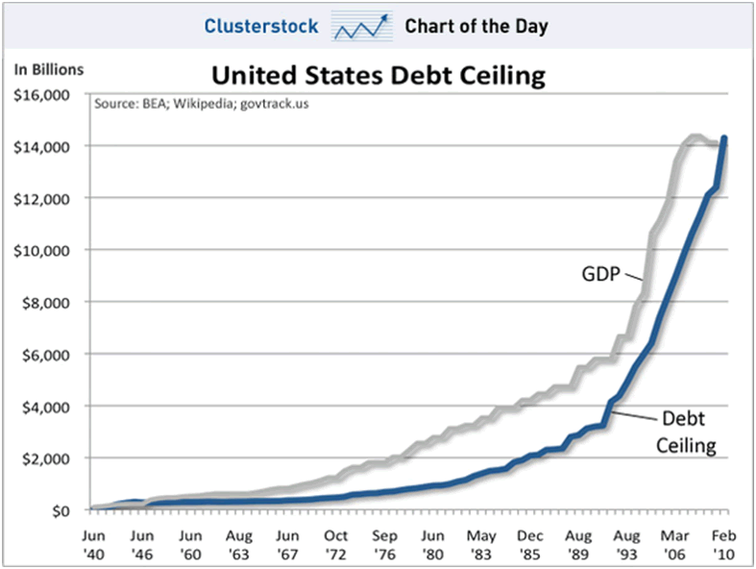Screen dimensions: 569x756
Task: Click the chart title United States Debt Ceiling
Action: (x=378, y=75)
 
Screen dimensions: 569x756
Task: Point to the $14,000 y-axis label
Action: (x=41, y=147)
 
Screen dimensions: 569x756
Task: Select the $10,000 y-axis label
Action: (x=41, y=251)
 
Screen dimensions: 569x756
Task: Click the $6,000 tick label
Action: (x=45, y=355)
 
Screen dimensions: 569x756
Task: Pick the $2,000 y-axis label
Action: (x=45, y=458)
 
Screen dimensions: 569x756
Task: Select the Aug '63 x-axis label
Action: (x=240, y=537)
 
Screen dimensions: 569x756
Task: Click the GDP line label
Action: (x=601, y=275)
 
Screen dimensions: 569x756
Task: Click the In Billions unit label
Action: (x=49, y=69)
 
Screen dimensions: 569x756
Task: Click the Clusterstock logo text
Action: (x=260, y=26)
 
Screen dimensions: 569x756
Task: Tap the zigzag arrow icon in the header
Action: (x=362, y=27)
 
